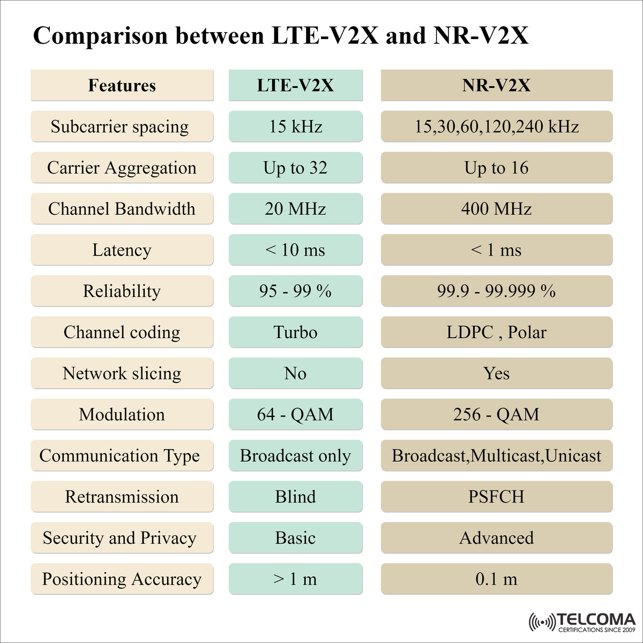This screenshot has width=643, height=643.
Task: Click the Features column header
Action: click(122, 85)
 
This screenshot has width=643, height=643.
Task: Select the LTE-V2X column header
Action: click(295, 85)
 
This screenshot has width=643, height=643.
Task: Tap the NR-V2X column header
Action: click(496, 85)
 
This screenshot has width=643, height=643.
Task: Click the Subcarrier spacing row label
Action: click(122, 126)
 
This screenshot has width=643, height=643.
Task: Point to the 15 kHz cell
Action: click(295, 126)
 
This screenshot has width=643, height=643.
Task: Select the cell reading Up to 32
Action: click(295, 168)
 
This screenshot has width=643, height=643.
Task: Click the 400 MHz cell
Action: click(496, 209)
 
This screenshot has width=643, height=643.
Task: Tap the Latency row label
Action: click(122, 250)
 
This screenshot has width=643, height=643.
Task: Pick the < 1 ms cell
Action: click(496, 250)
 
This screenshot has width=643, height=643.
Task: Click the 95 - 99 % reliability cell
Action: click(295, 291)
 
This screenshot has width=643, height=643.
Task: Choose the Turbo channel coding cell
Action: click(295, 332)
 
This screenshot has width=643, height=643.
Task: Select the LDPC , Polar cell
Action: click(496, 332)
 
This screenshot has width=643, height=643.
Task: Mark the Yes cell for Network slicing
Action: click(496, 373)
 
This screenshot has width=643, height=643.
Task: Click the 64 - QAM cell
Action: click(295, 414)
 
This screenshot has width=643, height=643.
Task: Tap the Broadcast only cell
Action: click(295, 455)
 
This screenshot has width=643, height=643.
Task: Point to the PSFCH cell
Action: click(496, 497)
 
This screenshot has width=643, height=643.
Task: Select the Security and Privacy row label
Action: click(122, 538)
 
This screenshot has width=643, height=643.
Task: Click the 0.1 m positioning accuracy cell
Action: click(496, 579)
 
